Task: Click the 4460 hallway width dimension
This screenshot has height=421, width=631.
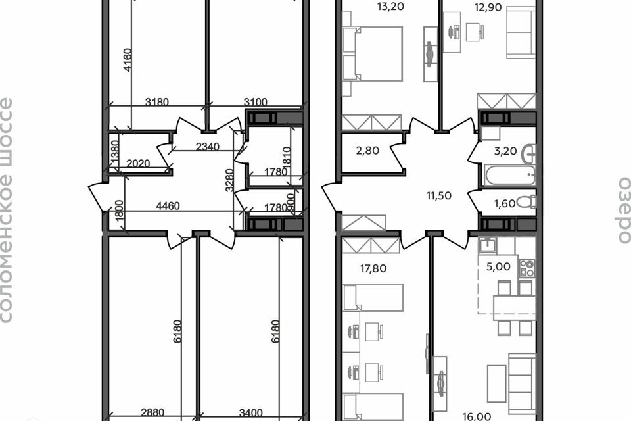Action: pyautogui.click(x=168, y=206)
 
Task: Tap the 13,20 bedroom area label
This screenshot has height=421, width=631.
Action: pyautogui.click(x=390, y=7)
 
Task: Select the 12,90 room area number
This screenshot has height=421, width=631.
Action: pyautogui.click(x=488, y=7)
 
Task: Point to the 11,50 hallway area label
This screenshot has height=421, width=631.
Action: pyautogui.click(x=439, y=196)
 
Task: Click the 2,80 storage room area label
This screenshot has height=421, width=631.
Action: pyautogui.click(x=368, y=151)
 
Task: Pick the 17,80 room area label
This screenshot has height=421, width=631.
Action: pyautogui.click(x=373, y=268)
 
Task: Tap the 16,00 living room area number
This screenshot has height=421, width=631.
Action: pyautogui.click(x=477, y=416)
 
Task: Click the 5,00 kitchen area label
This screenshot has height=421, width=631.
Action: pyautogui.click(x=498, y=266)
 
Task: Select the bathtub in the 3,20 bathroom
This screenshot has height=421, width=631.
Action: pyautogui.click(x=509, y=175)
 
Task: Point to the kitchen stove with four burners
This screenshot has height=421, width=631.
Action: pyautogui.click(x=527, y=268)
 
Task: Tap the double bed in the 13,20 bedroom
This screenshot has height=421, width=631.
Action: pyautogui.click(x=373, y=53)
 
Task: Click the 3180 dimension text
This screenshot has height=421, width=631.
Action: pyautogui.click(x=157, y=102)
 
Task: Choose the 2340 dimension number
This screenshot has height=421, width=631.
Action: pyautogui.click(x=208, y=147)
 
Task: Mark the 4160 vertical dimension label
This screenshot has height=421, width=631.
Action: pyautogui.click(x=127, y=60)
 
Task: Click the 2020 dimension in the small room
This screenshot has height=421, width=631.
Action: pyautogui.click(x=138, y=164)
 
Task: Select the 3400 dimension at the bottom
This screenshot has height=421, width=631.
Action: pyautogui.click(x=250, y=412)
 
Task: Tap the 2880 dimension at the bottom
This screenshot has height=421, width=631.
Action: pyautogui.click(x=152, y=412)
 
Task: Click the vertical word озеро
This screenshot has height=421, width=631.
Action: pyautogui.click(x=624, y=210)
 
